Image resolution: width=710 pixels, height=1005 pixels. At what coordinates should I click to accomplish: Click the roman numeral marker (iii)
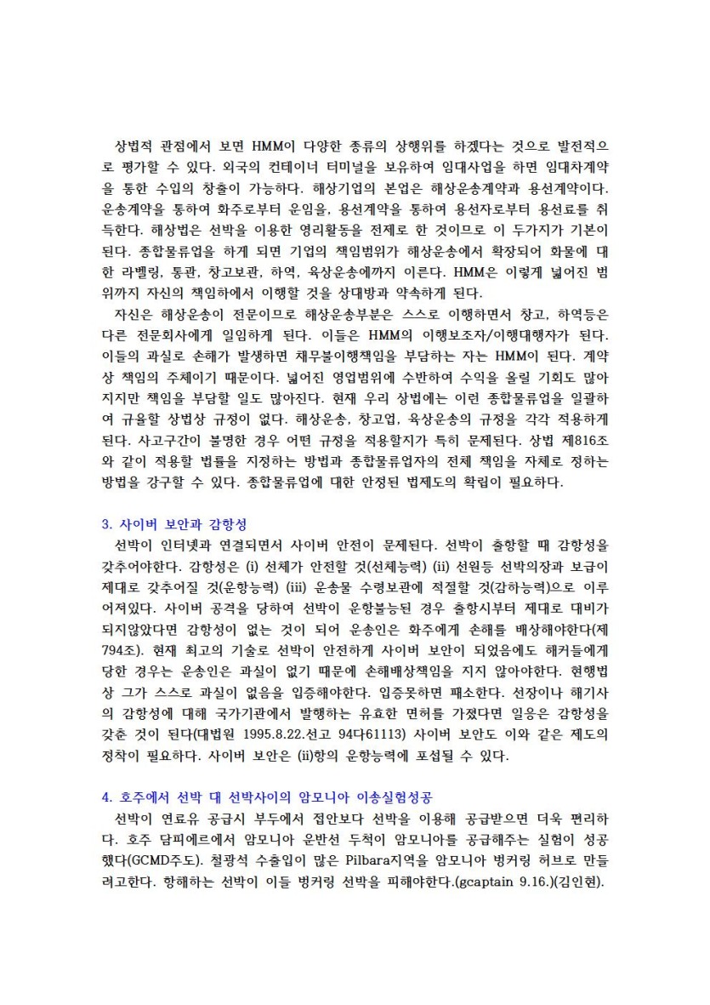(x=332, y=585)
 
